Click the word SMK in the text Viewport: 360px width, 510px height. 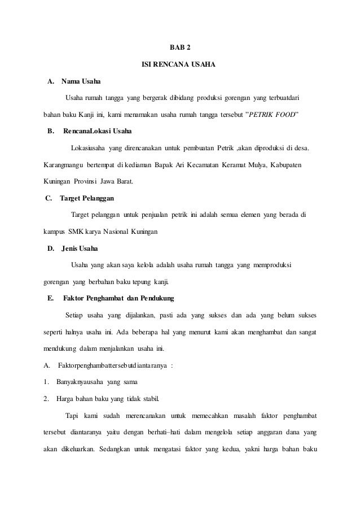75,232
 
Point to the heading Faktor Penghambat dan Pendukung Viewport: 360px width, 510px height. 119,298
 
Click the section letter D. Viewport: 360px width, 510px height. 51,249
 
